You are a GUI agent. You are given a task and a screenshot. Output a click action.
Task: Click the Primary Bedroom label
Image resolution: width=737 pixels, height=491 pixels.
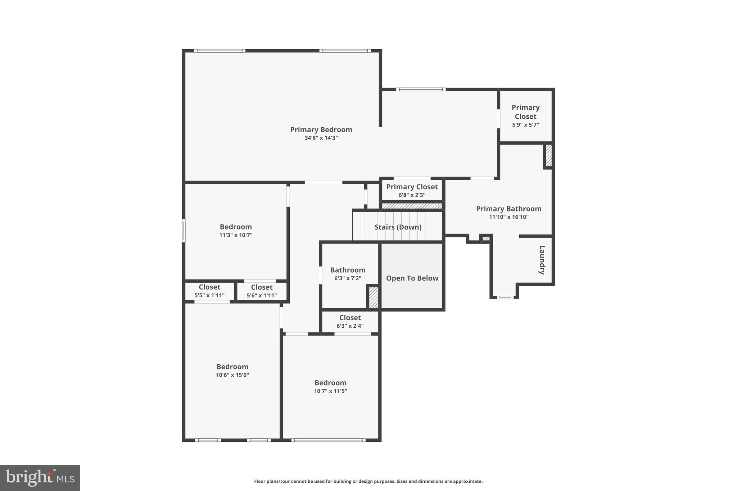pos(321,129)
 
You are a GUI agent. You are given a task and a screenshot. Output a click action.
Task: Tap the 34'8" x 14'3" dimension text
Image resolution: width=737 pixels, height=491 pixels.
pos(321,138)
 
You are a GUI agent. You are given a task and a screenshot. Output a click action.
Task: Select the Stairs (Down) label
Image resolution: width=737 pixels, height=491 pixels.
pos(398,227)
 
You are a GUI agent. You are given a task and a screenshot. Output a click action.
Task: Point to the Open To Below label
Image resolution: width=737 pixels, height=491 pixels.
pos(412,278)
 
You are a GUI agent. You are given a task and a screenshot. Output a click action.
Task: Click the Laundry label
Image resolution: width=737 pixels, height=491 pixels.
pos(542,260)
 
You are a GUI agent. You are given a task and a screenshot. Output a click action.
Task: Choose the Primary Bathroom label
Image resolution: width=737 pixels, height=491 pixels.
pos(508,209)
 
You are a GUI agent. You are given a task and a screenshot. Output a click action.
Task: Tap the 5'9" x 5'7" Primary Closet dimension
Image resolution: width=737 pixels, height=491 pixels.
pos(525,125)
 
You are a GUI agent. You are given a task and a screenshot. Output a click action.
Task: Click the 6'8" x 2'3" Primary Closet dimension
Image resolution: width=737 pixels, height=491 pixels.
pos(412,195)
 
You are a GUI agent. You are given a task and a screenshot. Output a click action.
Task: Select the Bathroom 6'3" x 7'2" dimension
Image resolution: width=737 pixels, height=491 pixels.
pos(348,278)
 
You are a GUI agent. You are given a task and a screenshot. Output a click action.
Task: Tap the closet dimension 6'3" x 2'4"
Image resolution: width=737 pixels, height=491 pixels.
pos(350,326)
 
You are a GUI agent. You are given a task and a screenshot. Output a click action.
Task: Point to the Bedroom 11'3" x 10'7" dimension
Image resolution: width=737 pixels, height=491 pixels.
pos(236,235)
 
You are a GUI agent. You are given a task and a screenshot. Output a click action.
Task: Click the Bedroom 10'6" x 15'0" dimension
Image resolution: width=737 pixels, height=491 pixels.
pos(232,375)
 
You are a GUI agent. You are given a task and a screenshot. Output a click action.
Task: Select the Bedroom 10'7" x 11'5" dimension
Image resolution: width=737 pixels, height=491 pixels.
pos(330,391)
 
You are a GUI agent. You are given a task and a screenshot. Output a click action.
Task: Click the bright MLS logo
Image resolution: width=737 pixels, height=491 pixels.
pos(40,478)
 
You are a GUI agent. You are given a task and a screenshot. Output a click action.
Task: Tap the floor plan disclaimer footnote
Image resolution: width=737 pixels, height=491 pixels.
pos(368,481)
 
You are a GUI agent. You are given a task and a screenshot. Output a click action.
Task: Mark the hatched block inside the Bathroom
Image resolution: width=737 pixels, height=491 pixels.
pos(374,297)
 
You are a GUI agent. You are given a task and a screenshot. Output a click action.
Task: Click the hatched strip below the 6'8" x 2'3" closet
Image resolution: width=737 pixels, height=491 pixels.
pos(412,206)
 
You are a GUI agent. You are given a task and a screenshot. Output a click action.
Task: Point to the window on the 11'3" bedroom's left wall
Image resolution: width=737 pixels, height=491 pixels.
pos(184,230)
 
